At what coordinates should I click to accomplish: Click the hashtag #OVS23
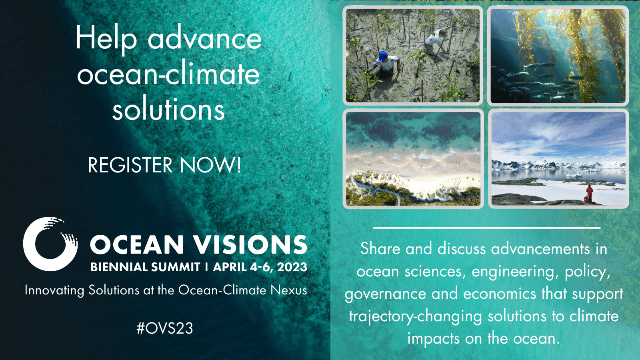[x=165, y=328]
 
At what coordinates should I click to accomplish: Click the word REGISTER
[x=130, y=165]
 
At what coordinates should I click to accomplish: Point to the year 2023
[x=292, y=267]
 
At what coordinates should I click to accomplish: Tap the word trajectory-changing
[x=416, y=317]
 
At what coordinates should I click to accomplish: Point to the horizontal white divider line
[x=487, y=228]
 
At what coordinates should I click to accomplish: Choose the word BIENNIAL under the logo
[x=118, y=267]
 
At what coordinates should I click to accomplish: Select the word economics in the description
[x=500, y=294]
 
